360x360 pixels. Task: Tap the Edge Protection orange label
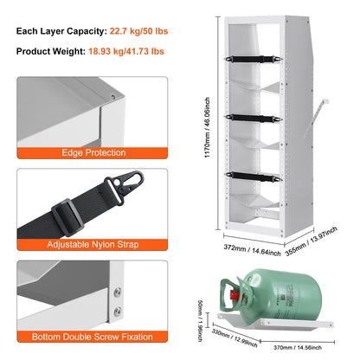click(94, 153)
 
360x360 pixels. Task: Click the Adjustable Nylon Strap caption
click(94, 245)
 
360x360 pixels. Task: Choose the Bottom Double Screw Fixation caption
click(94, 336)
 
